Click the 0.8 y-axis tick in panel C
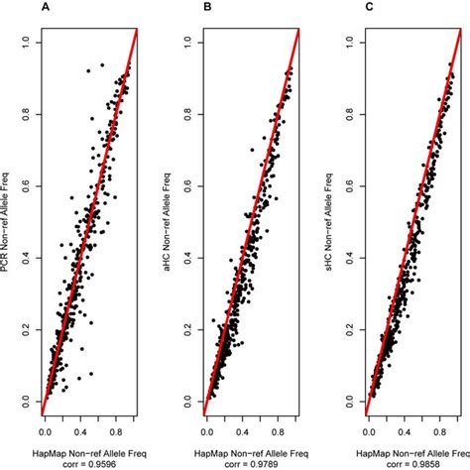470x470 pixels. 352,113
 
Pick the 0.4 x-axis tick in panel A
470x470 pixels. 82,433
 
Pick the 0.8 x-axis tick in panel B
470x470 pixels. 282,433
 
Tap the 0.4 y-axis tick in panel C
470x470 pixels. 352,257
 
